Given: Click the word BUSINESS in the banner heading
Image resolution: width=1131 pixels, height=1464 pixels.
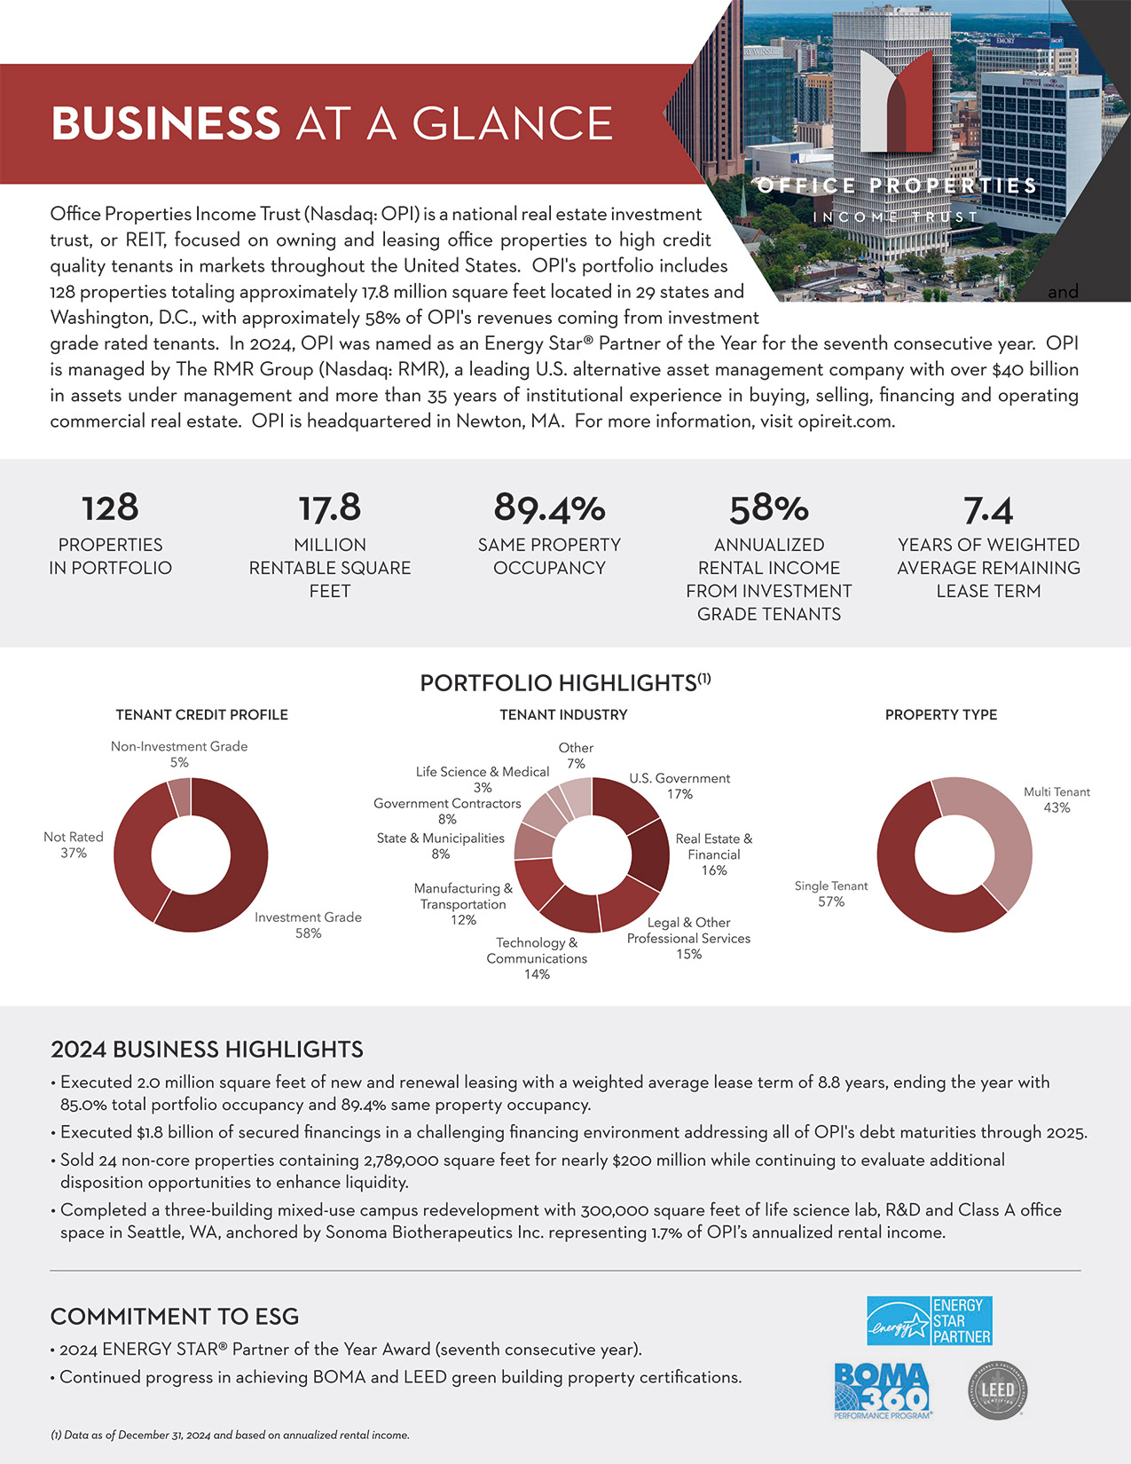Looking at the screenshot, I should pyautogui.click(x=166, y=123).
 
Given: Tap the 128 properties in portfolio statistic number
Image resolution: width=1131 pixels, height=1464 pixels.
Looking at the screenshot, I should pyautogui.click(x=110, y=508).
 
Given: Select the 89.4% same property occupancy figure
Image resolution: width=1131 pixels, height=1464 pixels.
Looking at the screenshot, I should pyautogui.click(x=549, y=508).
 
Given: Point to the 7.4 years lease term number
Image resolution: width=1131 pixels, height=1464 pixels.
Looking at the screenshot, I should pyautogui.click(x=988, y=510).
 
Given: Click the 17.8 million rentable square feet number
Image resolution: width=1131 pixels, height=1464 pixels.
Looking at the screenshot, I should pyautogui.click(x=329, y=508).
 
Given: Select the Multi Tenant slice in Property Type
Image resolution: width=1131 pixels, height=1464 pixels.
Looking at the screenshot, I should pyautogui.click(x=998, y=825).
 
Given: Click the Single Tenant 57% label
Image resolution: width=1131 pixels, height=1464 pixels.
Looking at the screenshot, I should pyautogui.click(x=830, y=893).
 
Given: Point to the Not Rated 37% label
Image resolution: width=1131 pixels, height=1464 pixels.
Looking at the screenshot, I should pyautogui.click(x=74, y=845).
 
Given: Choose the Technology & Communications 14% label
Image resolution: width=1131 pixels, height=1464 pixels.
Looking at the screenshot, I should pyautogui.click(x=537, y=958).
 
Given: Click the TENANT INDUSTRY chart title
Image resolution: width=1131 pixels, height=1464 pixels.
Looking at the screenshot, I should pyautogui.click(x=563, y=714).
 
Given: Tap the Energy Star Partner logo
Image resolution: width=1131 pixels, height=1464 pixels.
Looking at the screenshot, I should pyautogui.click(x=929, y=1320).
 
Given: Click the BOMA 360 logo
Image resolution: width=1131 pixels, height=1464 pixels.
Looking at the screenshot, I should pyautogui.click(x=882, y=1390).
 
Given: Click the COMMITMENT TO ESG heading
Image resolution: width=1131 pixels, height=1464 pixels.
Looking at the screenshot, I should pyautogui.click(x=175, y=1317).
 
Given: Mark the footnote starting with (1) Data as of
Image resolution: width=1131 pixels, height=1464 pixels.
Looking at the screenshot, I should pyautogui.click(x=230, y=1435).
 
